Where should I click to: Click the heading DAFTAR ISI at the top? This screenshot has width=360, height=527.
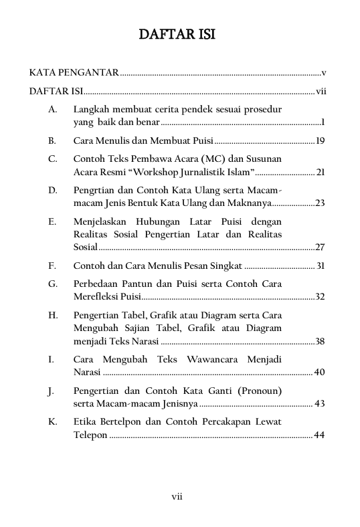(177, 35)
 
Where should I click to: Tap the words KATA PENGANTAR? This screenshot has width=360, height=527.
(74, 72)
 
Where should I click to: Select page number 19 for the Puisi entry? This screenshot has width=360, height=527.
(320, 141)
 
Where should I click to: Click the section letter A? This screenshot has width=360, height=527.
(52, 108)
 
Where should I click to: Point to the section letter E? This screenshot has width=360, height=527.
(52, 221)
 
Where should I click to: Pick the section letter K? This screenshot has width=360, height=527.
(52, 422)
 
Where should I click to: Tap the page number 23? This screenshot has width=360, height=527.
(320, 203)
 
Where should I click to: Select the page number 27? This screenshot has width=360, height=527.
(320, 247)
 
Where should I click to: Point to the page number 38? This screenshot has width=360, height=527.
(320, 341)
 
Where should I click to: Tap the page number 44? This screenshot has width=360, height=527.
(319, 435)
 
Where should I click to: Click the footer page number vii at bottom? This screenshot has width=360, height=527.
(177, 496)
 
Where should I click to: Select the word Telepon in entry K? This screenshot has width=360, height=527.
(90, 435)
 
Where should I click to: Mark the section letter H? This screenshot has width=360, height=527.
(52, 315)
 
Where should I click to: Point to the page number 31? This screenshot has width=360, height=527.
(320, 266)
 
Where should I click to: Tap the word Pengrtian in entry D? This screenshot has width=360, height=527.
(96, 190)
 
